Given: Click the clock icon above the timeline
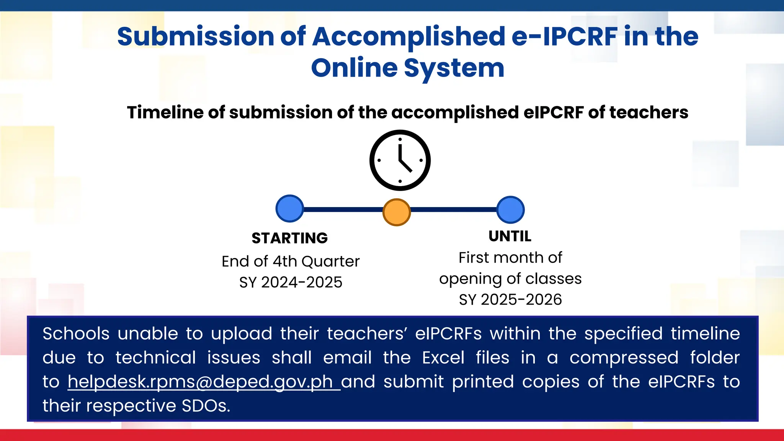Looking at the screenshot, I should point(400,160).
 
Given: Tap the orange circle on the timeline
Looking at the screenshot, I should point(397,212).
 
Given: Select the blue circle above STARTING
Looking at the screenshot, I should point(290,209).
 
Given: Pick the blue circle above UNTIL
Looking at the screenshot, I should point(510,210).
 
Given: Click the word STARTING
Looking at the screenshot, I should point(289,238).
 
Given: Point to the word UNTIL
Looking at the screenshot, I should point(510,236).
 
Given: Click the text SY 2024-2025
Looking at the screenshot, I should point(291,283).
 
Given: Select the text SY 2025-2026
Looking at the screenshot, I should point(510,300).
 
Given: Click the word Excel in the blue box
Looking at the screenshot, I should point(443,358).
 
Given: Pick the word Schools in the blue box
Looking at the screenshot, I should point(76,334).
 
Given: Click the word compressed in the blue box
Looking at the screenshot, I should point(624,358).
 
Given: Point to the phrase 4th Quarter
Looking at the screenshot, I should point(316,261).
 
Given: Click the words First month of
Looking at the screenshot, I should point(510,258).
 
